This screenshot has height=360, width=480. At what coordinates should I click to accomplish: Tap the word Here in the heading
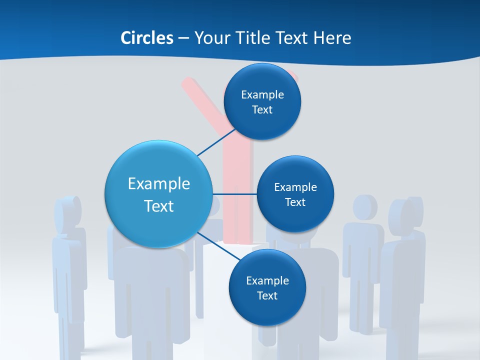[332, 38]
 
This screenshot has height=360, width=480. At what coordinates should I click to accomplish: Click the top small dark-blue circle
[262, 101]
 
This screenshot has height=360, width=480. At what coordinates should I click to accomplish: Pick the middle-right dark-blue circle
[295, 194]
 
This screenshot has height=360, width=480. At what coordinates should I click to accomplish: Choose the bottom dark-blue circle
[267, 287]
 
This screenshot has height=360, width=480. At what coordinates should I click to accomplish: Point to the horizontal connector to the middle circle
[234, 194]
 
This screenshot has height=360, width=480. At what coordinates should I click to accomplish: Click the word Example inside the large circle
[158, 183]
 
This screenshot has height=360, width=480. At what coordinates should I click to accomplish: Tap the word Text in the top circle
[262, 110]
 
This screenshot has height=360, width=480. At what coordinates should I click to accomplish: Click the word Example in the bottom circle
[267, 280]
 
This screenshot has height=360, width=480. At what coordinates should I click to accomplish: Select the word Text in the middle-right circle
[295, 202]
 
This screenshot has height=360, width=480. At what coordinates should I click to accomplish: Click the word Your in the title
[209, 38]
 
